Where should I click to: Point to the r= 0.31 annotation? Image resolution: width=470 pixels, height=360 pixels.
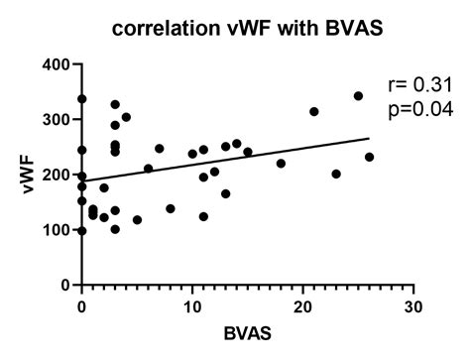click(x=418, y=86)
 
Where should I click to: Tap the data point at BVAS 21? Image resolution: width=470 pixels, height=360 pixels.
click(x=314, y=112)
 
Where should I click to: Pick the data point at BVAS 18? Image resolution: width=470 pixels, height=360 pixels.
click(x=281, y=164)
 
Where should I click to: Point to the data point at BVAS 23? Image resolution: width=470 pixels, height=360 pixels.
click(x=336, y=174)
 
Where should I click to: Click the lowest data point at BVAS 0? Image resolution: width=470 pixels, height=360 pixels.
click(x=81, y=231)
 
